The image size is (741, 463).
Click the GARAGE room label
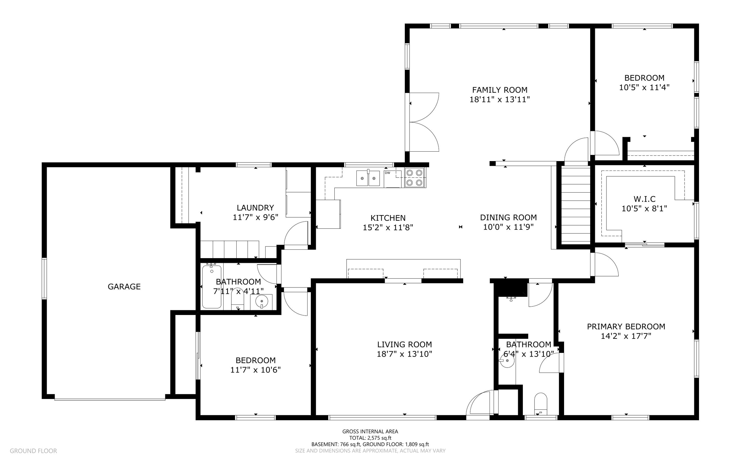click(x=124, y=287)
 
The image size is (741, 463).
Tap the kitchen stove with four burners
click(x=415, y=178)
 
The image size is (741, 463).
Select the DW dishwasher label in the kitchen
click(x=388, y=173)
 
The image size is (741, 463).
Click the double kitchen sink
click(x=368, y=178)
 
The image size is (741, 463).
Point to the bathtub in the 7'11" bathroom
click(x=212, y=287)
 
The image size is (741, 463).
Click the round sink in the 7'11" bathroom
click(x=262, y=300)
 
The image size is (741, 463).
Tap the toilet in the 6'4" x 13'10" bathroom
click(x=541, y=403)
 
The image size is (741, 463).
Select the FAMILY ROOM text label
click(x=500, y=90)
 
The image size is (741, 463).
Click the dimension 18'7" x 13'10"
click(x=405, y=354)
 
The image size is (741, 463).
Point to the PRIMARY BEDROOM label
click(x=626, y=327)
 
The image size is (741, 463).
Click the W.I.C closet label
click(x=644, y=199)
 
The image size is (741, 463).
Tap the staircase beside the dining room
click(x=576, y=205)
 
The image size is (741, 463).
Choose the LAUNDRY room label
click(x=255, y=208)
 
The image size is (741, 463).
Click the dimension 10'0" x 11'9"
click(x=508, y=227)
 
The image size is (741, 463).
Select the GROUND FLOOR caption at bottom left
click(x=33, y=451)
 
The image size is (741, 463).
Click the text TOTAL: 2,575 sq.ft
click(x=370, y=438)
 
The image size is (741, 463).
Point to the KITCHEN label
click(x=388, y=218)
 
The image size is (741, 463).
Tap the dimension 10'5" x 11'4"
click(x=644, y=87)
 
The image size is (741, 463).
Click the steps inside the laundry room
click(x=230, y=249)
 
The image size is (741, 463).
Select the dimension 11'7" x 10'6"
click(x=255, y=370)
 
